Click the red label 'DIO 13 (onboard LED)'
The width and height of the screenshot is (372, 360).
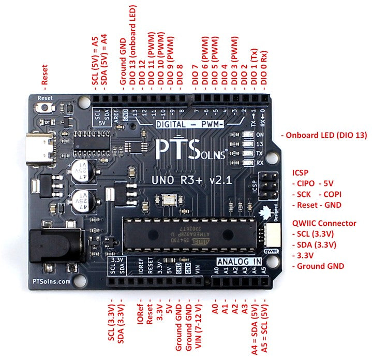coord(133,46)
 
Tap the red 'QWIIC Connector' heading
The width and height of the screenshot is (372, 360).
coord(324,223)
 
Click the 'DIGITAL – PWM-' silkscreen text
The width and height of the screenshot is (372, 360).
coord(189,124)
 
